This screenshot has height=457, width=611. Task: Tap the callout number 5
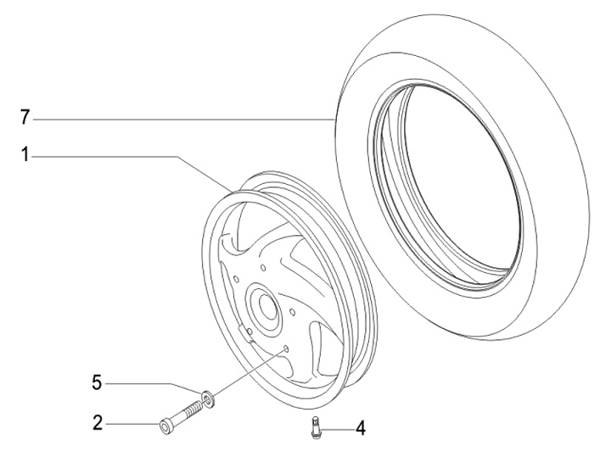(x=97, y=383)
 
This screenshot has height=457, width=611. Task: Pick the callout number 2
(x=97, y=421)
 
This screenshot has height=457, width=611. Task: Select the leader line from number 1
(x=127, y=156)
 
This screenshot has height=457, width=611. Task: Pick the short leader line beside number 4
(x=338, y=428)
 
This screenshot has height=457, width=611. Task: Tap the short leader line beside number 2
(x=132, y=423)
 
